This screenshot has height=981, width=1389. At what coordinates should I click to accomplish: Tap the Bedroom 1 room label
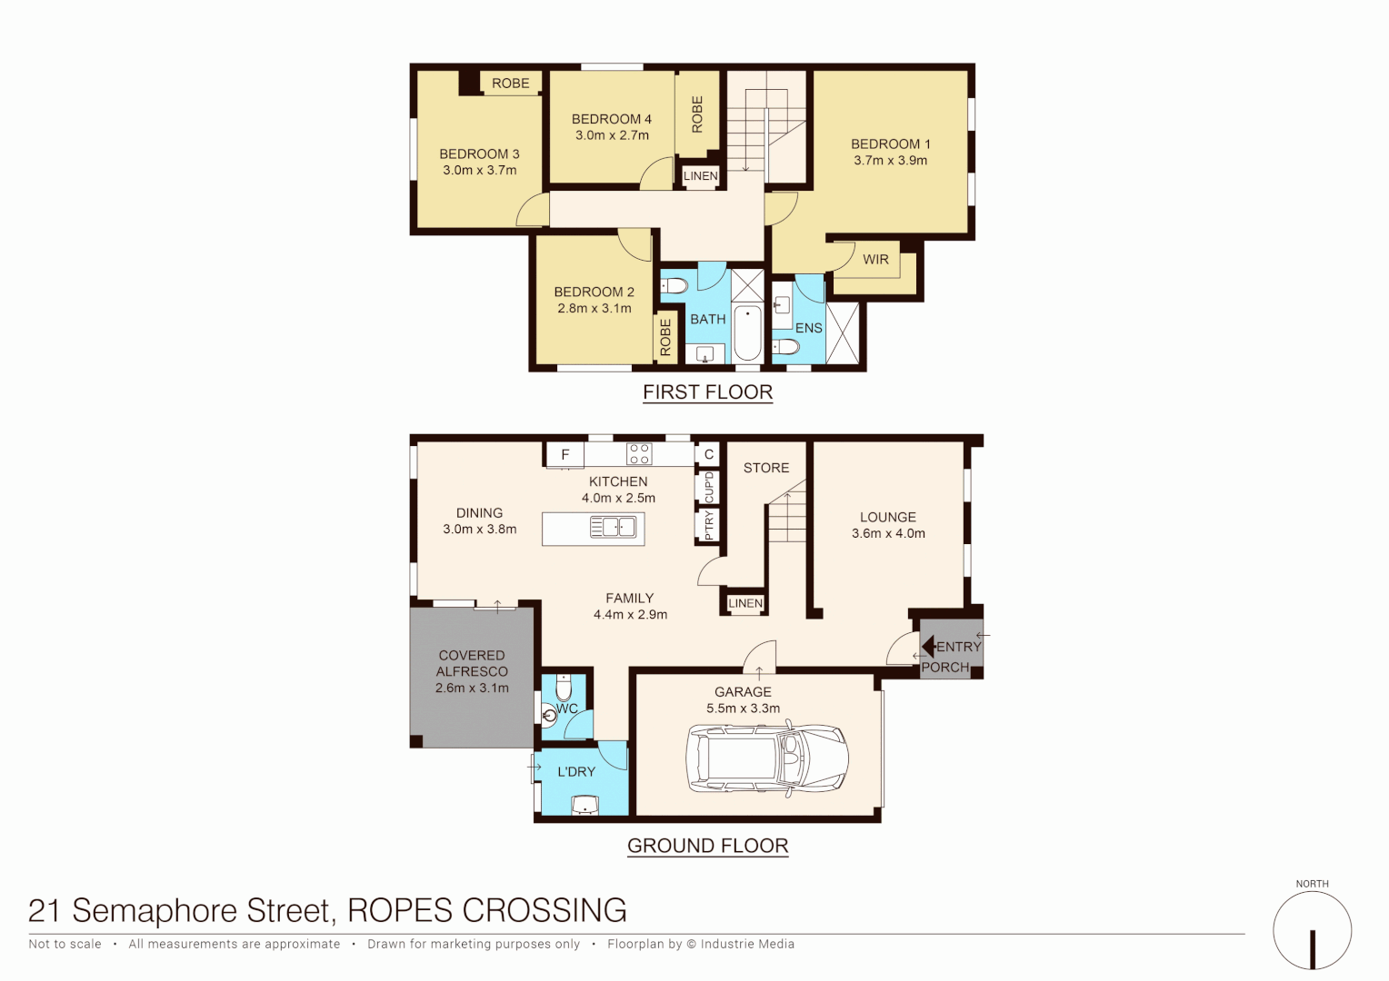[890, 144]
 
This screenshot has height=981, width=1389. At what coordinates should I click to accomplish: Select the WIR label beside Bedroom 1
[875, 260]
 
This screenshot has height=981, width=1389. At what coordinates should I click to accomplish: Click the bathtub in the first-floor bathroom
[747, 333]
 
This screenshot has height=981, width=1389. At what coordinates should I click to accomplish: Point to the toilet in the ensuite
[784, 346]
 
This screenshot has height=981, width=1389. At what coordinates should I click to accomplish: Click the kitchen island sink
[613, 527]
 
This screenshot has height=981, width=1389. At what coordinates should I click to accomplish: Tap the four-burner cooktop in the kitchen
[639, 453]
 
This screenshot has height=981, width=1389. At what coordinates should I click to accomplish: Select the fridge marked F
[565, 454]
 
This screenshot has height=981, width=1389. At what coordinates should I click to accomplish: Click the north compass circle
[1312, 930]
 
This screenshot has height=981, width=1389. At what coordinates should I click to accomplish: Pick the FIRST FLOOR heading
[707, 392]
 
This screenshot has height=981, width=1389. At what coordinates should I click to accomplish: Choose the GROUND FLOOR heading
[707, 846]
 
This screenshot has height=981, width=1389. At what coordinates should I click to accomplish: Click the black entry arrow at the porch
[928, 647]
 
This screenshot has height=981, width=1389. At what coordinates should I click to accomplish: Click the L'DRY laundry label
[576, 771]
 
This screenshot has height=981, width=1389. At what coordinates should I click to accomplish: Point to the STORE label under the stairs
[766, 468]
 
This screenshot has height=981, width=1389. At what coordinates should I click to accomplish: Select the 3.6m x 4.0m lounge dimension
[888, 533]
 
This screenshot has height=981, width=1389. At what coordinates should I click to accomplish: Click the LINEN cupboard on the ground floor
[745, 603]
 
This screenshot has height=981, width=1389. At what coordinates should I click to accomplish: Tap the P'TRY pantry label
[709, 525]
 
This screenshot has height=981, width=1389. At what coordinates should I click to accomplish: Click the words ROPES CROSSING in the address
[487, 910]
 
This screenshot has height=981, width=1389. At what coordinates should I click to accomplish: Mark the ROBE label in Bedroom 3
[510, 84]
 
